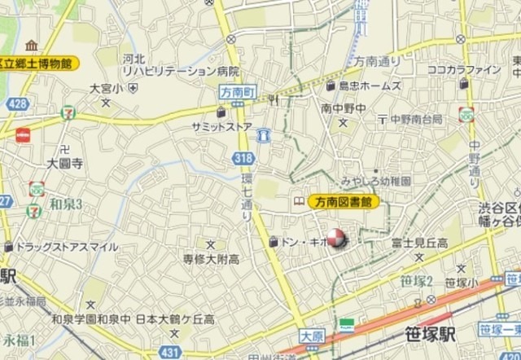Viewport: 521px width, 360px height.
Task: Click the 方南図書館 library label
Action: (x=343, y=201)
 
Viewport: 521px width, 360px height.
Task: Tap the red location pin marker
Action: (x=336, y=242)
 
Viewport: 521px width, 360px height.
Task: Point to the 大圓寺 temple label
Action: (x=64, y=162)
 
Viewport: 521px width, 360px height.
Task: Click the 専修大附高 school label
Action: (x=210, y=259)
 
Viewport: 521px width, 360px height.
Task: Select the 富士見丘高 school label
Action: (x=419, y=243)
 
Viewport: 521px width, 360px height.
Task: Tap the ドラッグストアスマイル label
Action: (x=56, y=246)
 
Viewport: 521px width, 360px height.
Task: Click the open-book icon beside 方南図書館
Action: (x=299, y=201)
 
